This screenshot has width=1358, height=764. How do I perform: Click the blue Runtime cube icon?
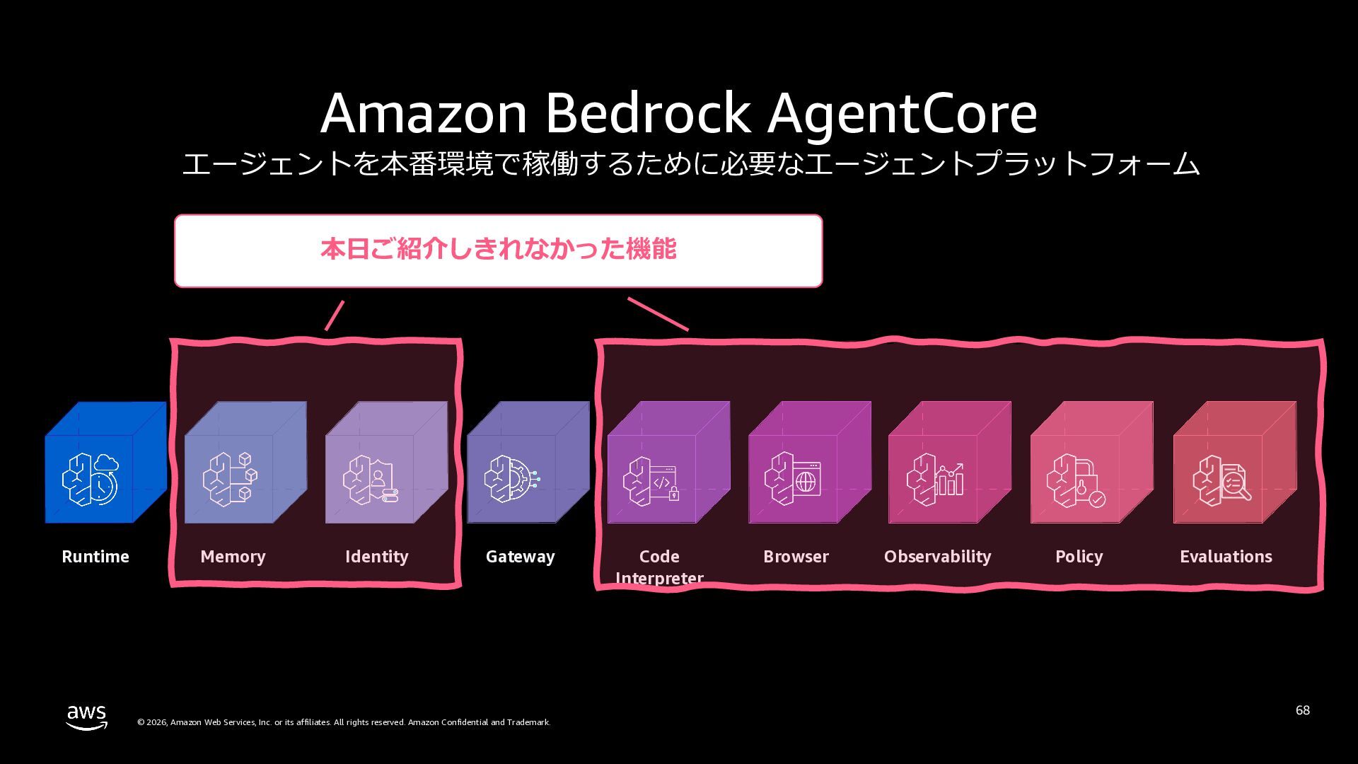click(x=105, y=463)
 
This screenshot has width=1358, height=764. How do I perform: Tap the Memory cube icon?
click(x=245, y=463)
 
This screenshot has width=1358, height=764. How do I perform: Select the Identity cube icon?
click(x=385, y=463)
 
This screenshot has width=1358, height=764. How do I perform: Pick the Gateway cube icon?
click(x=527, y=463)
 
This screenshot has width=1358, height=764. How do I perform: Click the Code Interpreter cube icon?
click(x=668, y=463)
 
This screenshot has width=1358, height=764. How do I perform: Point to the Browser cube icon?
click(x=808, y=463)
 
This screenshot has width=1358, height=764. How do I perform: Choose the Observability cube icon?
click(x=949, y=463)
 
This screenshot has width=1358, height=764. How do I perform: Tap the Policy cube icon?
click(x=1091, y=463)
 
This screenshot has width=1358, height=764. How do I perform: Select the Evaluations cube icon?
click(x=1234, y=463)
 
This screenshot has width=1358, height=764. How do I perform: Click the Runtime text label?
click(x=95, y=557)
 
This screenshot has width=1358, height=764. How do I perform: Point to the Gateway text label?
click(x=520, y=557)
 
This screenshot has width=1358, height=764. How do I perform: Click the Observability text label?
click(x=937, y=557)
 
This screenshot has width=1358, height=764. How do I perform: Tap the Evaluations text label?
click(x=1226, y=557)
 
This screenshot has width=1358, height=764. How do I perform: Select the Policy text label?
click(x=1079, y=557)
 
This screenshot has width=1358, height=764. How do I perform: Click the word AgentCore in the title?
click(x=903, y=113)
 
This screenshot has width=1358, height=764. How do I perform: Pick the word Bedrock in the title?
click(x=646, y=113)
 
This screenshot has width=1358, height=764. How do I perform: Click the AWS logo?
click(x=87, y=717)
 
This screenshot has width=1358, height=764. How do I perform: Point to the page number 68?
click(x=1302, y=710)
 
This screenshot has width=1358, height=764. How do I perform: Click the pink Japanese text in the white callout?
click(x=498, y=249)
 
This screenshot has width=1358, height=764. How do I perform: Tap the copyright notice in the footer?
click(x=344, y=722)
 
